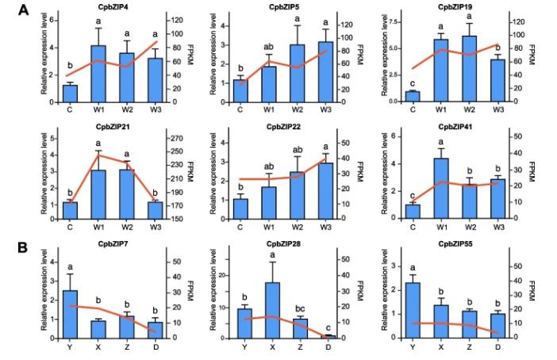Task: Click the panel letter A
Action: (25, 10)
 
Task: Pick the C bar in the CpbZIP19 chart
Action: (413, 97)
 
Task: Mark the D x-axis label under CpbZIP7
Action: (156, 347)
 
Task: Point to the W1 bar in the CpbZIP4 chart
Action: (98, 74)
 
